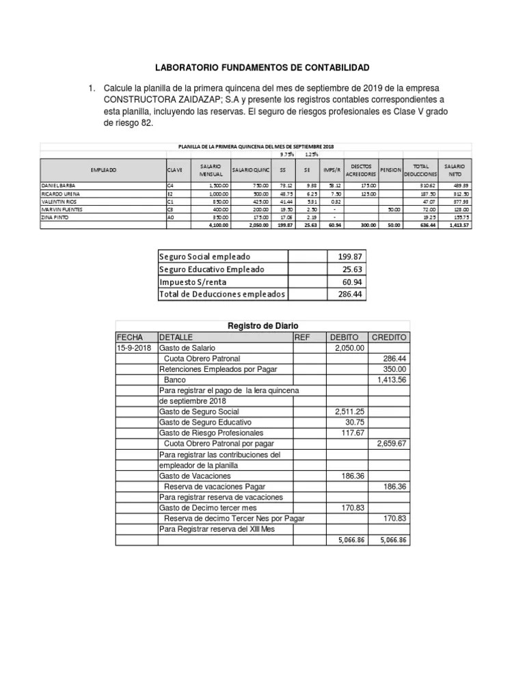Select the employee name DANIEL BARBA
[x=59, y=185]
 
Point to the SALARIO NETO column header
[x=455, y=170]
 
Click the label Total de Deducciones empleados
[x=221, y=294]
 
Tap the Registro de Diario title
[x=262, y=326]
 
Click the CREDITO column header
[x=389, y=337]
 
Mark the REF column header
[x=302, y=337]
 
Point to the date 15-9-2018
[x=134, y=348]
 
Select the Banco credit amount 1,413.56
[x=392, y=379]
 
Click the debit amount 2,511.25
[x=349, y=412]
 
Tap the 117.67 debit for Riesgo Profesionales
[x=353, y=433]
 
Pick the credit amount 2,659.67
[x=392, y=443]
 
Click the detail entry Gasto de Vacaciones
[x=195, y=475]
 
